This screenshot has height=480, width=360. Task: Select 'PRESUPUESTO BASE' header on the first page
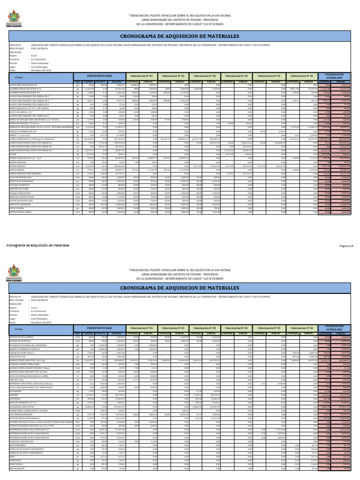click(99, 75)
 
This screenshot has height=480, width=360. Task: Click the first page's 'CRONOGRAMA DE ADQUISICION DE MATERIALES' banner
click(180, 35)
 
